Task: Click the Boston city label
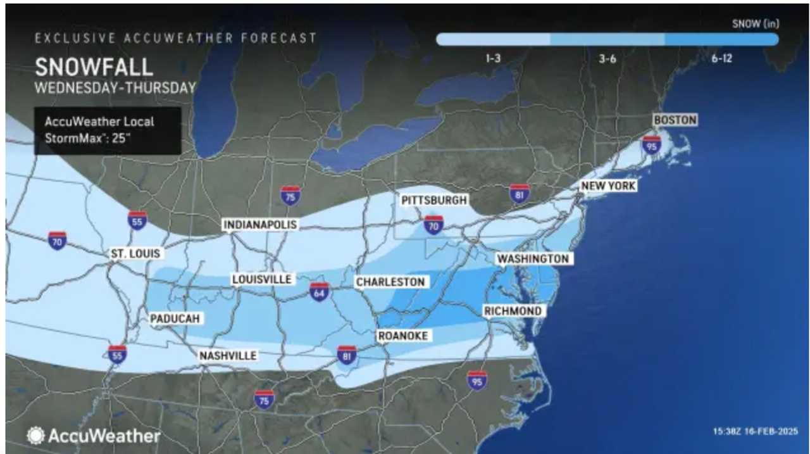tap(675, 120)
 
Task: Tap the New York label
tap(608, 186)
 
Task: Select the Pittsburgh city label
tap(434, 201)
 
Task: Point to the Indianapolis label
tap(260, 225)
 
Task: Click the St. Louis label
tap(135, 254)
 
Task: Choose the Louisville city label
tap(261, 279)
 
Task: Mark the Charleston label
tap(390, 282)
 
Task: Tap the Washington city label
tap(532, 259)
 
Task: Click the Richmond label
tap(513, 311)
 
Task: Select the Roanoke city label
tap(402, 336)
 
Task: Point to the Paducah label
tap(175, 318)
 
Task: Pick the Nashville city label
tap(228, 356)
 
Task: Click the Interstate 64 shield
tap(320, 292)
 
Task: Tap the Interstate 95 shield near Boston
tap(652, 145)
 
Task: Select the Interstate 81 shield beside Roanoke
tap(347, 355)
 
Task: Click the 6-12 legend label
tap(721, 58)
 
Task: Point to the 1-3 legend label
tap(494, 58)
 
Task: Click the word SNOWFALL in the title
tap(94, 67)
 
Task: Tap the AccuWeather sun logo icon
tap(35, 436)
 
